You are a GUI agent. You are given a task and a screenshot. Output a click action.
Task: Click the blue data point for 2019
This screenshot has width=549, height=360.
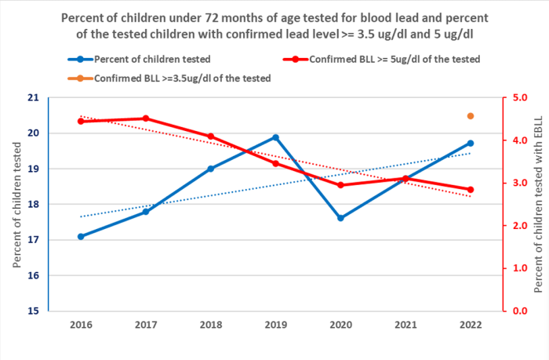[x=275, y=137]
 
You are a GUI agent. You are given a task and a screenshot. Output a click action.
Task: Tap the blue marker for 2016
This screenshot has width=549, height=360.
[x=81, y=236]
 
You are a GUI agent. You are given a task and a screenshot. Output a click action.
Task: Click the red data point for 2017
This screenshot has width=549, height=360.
[x=146, y=118]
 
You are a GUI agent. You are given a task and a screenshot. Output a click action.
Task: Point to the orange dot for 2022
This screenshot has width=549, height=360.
[x=471, y=116]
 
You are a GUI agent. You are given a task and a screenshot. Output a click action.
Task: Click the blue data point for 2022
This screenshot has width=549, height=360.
[x=471, y=143]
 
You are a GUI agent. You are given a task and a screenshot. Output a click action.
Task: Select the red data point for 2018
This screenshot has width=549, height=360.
[x=211, y=136]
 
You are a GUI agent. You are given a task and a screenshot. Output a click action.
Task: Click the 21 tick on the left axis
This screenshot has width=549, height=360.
[x=32, y=98]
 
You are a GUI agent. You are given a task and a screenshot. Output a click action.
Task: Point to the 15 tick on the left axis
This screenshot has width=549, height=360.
[x=32, y=311]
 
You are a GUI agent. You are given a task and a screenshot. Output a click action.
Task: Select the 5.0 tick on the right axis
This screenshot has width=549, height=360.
[x=518, y=98]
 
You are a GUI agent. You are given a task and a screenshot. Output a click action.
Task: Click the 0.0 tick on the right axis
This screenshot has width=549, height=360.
[x=518, y=311]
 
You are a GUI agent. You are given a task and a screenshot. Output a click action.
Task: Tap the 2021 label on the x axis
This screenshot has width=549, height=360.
[x=405, y=323]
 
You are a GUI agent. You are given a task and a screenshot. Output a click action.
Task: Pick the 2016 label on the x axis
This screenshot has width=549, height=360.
[x=81, y=323]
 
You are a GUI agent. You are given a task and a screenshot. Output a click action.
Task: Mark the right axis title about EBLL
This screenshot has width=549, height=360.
[x=538, y=204]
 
